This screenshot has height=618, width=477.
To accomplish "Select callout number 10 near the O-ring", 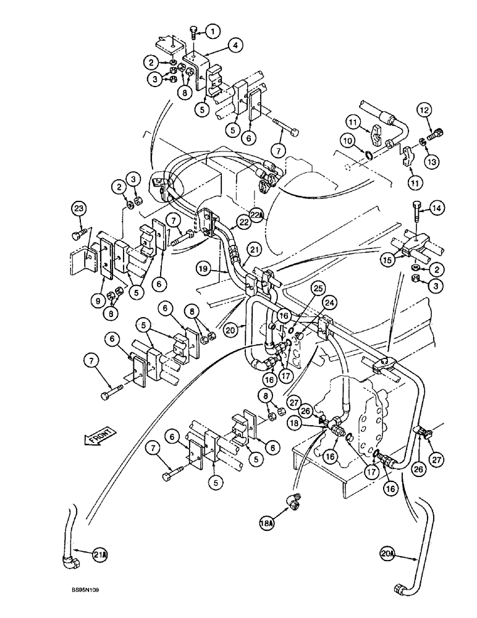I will (x=350, y=142).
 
